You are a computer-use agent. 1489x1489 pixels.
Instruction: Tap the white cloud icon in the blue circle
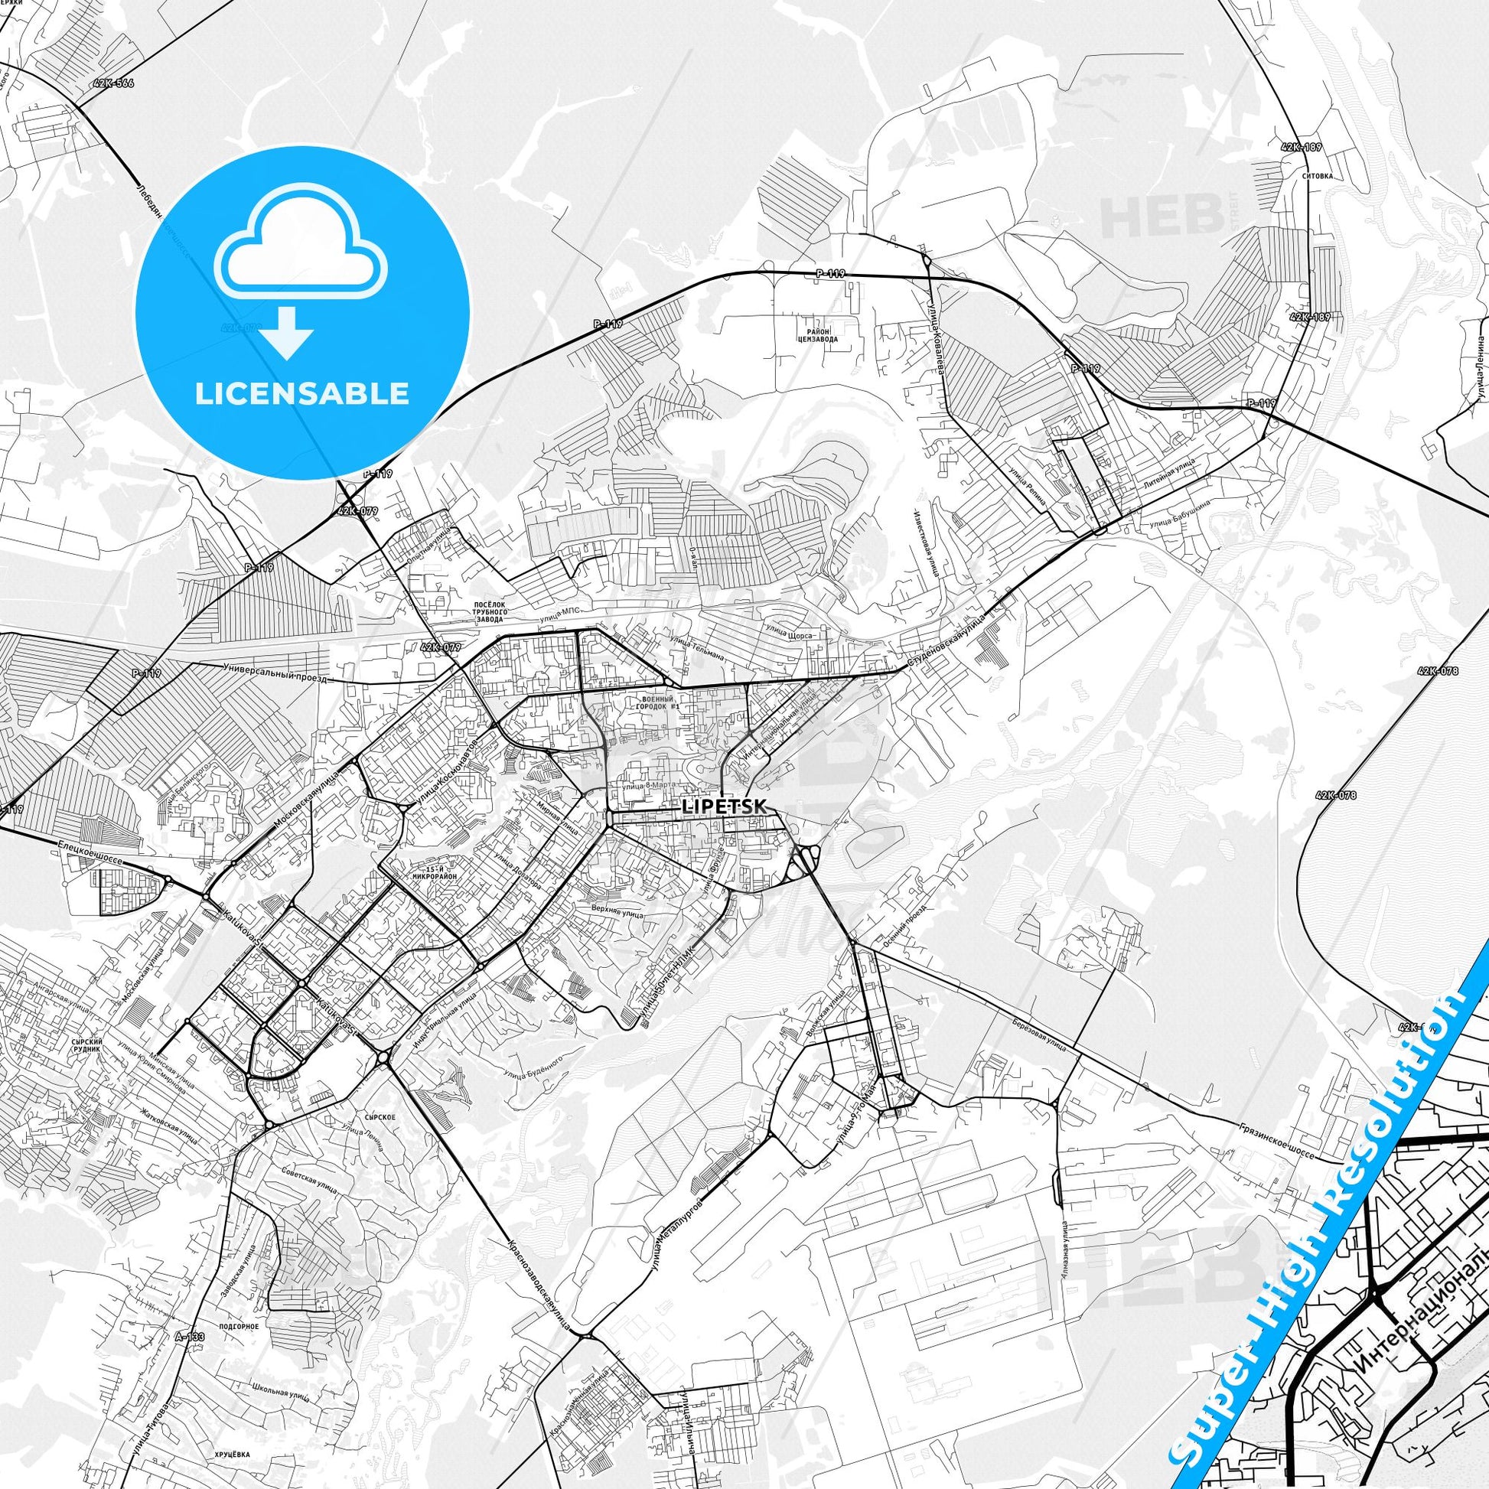(x=302, y=264)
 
